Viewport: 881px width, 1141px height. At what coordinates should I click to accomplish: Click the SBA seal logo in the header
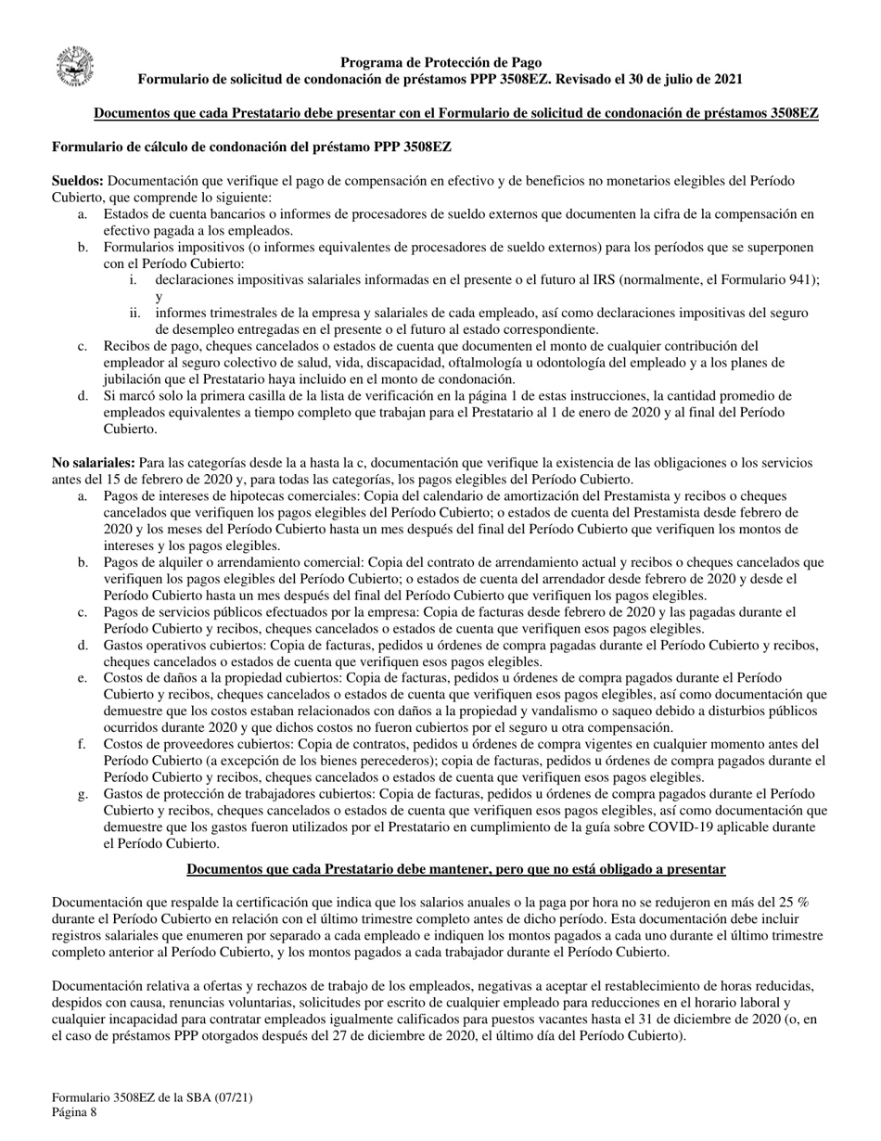point(75,68)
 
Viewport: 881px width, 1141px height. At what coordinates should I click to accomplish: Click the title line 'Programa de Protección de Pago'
point(440,62)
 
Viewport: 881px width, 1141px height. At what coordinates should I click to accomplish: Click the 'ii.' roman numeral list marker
point(134,314)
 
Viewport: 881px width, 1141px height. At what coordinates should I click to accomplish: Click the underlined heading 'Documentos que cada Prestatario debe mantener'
point(455,869)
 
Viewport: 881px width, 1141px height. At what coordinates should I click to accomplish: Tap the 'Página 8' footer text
point(74,1113)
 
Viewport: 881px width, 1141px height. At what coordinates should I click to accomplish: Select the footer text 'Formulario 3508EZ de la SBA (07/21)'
point(152,1097)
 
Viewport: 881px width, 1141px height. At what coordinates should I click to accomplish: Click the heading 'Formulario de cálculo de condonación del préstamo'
point(251,147)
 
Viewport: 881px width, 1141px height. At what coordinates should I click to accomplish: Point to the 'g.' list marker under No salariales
point(83,794)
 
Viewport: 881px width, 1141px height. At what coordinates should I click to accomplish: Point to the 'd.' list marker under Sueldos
point(83,395)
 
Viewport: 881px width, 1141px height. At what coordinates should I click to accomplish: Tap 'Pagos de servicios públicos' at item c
point(183,612)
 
